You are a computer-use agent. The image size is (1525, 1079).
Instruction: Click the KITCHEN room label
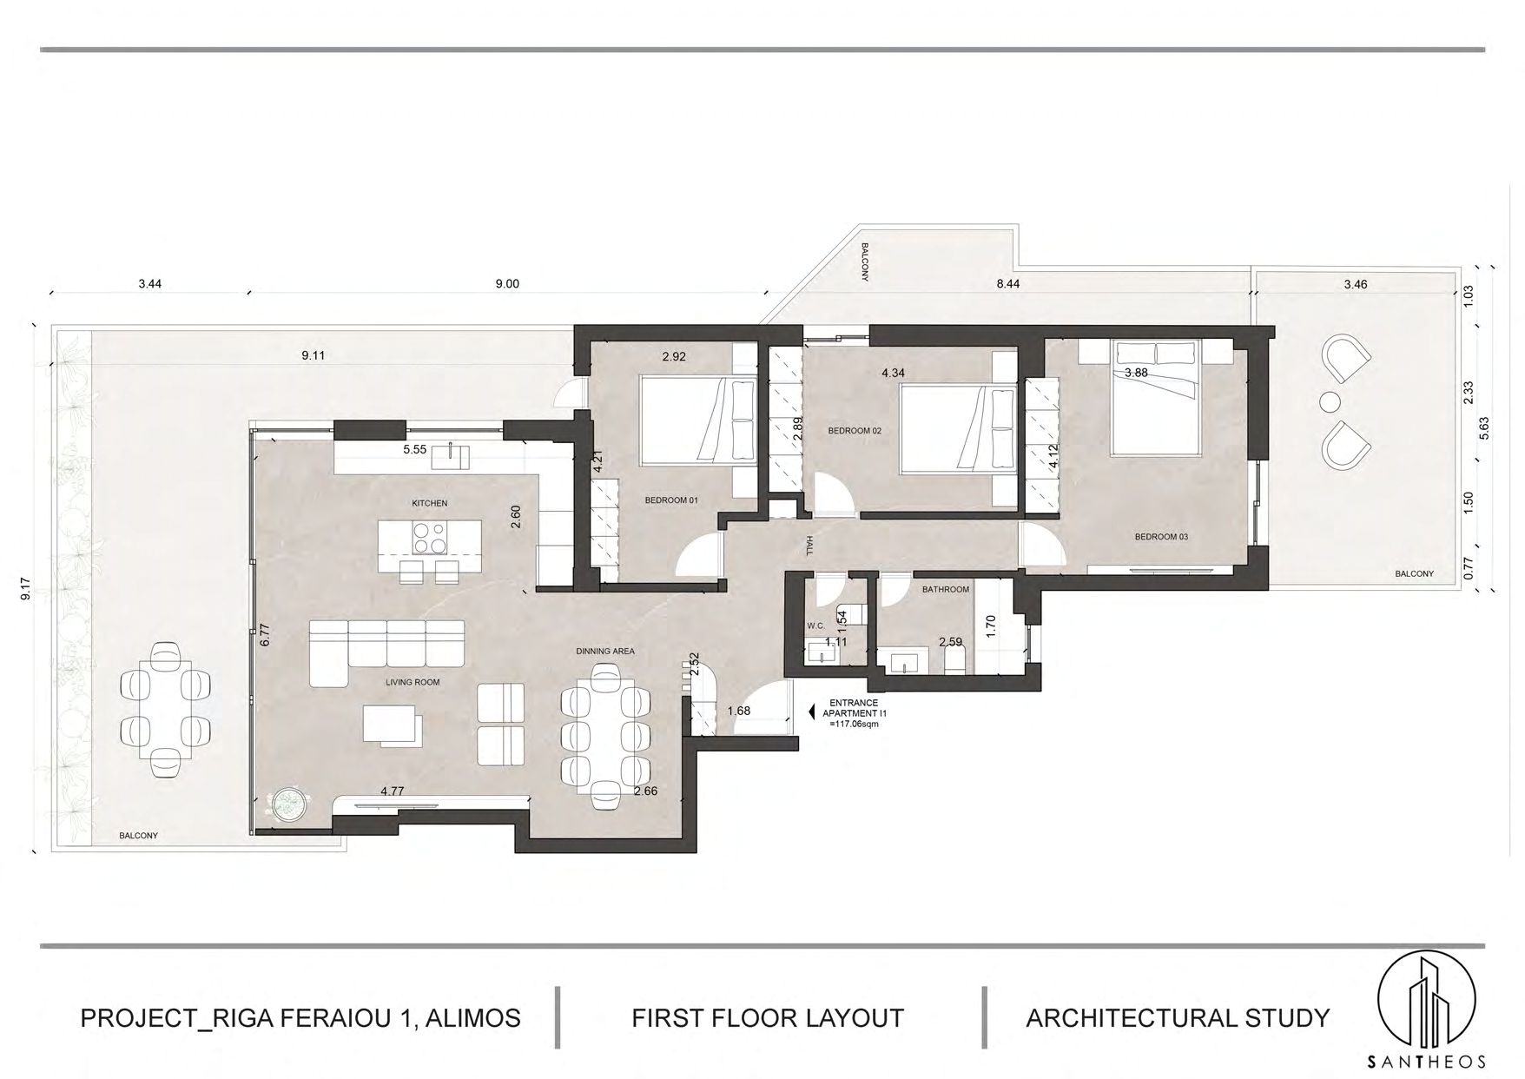[430, 503]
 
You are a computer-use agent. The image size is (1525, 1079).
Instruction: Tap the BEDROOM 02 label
[855, 431]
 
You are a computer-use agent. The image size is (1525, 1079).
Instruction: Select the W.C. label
[815, 626]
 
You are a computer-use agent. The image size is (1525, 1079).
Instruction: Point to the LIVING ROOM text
[413, 682]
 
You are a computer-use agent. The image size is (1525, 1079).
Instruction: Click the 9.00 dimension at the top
[506, 283]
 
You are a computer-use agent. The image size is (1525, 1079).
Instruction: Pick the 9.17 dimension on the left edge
[27, 590]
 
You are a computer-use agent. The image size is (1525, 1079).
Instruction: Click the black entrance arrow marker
[811, 712]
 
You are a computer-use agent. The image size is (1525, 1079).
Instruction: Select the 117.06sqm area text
[855, 723]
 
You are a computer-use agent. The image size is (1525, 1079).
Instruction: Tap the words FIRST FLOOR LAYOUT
[768, 1017]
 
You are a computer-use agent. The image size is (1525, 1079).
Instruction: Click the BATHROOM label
[945, 589]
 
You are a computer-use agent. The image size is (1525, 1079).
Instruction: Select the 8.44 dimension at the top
[1008, 283]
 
